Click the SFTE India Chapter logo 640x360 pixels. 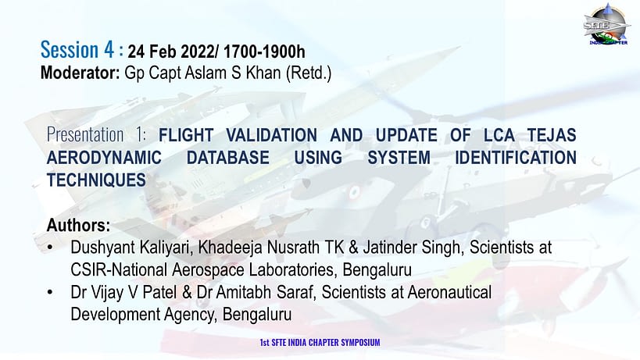606,24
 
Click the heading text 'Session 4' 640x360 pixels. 77,50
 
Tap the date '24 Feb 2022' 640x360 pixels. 170,52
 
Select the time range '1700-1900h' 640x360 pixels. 264,52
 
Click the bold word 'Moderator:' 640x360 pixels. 80,73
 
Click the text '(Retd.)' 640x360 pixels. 309,73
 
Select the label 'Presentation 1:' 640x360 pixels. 96,134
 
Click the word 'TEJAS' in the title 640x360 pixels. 552,135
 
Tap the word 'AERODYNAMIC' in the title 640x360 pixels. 104,158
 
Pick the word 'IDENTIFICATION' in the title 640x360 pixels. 516,158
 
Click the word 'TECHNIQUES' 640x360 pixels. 96,180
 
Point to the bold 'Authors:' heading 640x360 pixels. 78,225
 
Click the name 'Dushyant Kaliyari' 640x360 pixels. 131,248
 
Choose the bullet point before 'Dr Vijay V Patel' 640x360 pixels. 50,292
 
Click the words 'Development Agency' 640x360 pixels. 144,315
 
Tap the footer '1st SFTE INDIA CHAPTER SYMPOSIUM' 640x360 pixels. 320,343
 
